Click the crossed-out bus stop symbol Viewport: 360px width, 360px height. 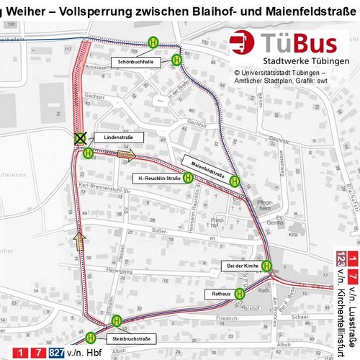81,137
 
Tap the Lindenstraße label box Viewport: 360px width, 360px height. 114,136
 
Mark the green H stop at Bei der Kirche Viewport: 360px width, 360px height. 266,265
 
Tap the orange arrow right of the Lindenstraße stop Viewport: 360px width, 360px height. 125,153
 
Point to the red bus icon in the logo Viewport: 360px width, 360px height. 243,43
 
